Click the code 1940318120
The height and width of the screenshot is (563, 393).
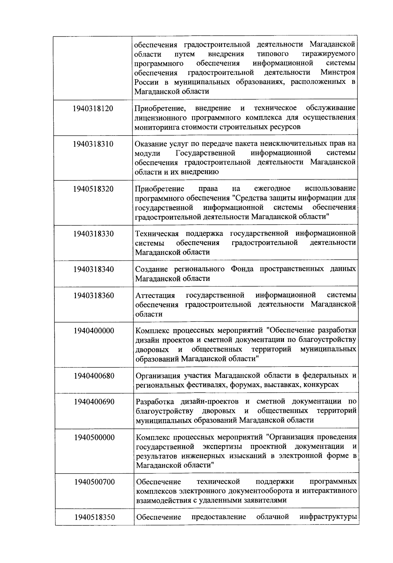click(93, 108)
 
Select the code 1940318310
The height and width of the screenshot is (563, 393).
click(93, 144)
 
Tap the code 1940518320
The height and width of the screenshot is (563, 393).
click(93, 189)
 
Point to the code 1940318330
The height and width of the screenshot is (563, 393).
click(94, 234)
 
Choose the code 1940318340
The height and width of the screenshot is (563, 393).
click(94, 269)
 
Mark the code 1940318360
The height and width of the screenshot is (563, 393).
click(94, 296)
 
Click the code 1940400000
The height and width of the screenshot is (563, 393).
click(94, 331)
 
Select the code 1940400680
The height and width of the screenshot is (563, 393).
click(94, 376)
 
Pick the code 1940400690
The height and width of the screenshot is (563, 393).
click(94, 402)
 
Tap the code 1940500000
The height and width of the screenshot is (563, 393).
click(94, 438)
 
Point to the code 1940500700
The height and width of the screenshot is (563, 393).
click(94, 482)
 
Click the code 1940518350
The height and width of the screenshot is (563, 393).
click(94, 517)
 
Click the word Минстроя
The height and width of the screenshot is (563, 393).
click(338, 72)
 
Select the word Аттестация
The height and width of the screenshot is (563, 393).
click(155, 295)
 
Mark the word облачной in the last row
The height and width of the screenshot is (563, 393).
click(272, 517)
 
